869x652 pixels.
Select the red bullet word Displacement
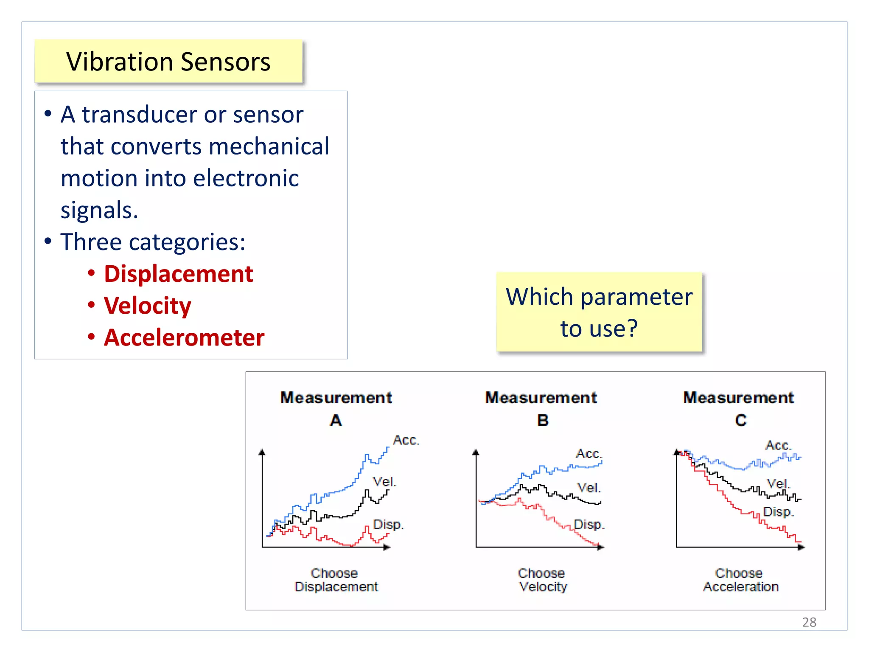(x=178, y=274)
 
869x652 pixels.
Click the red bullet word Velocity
(x=148, y=306)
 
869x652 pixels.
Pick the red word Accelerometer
(x=184, y=338)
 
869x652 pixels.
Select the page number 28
(x=809, y=622)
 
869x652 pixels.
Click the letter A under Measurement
(x=336, y=420)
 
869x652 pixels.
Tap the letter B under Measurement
(x=542, y=420)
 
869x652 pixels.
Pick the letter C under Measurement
(x=740, y=420)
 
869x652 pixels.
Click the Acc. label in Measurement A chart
(x=406, y=440)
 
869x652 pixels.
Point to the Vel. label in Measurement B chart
(x=589, y=488)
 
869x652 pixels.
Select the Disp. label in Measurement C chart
(x=778, y=512)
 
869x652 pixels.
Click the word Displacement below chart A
(x=336, y=587)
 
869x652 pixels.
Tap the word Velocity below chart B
(x=543, y=587)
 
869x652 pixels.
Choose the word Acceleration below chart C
(x=740, y=587)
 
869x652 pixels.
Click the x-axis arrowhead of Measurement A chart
(x=387, y=547)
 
